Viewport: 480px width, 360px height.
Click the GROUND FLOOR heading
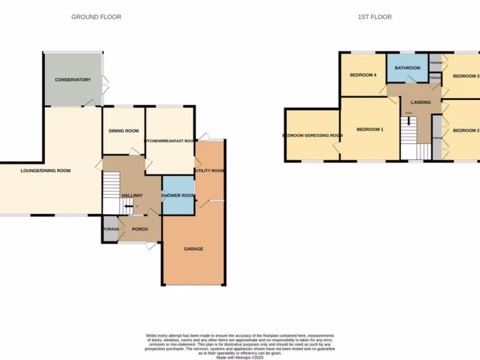[x=96, y=17]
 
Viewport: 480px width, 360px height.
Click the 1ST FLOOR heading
[x=375, y=17]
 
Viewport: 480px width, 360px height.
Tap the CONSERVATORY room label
[x=73, y=80]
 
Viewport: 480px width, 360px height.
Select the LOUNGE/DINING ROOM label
[x=45, y=171]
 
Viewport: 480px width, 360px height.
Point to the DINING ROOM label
[x=124, y=131]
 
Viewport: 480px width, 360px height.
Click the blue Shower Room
[x=178, y=195]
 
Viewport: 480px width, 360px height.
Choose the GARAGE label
[x=193, y=249]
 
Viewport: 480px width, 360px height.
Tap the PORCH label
[x=140, y=229]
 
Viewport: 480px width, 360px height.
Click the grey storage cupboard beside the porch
[x=110, y=229]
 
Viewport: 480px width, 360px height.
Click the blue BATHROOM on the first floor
[x=407, y=68]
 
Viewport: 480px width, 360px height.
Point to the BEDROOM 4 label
[x=363, y=75]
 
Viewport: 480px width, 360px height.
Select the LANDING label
[x=420, y=102]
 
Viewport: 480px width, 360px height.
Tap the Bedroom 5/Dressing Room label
[x=312, y=135]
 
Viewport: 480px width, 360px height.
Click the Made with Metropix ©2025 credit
[x=240, y=357]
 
